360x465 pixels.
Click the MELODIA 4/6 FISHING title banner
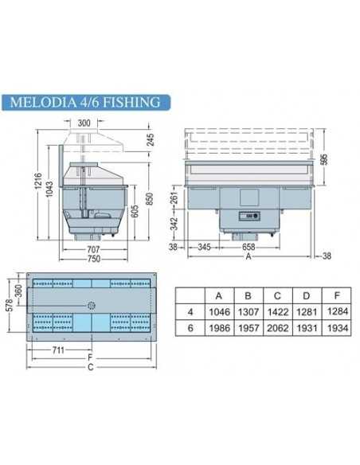coord(86,102)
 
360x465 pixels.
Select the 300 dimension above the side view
coord(84,123)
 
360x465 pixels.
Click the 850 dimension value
coord(149,196)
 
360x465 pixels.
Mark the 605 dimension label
coord(136,209)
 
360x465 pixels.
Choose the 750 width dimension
coord(94,259)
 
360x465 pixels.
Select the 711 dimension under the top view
coord(61,349)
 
